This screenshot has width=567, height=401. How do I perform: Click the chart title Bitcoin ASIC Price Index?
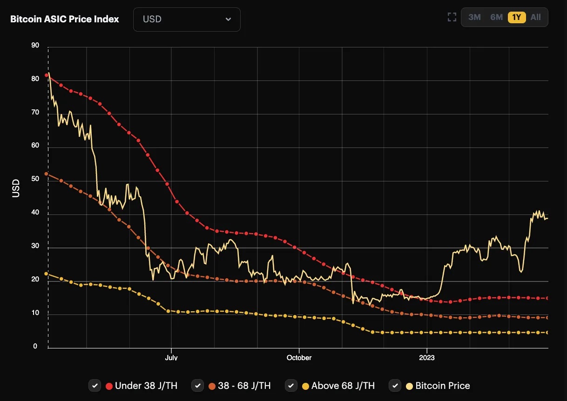65,19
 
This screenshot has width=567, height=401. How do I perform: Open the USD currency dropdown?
187,20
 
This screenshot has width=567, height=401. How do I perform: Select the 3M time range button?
474,17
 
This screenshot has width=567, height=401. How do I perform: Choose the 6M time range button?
496,17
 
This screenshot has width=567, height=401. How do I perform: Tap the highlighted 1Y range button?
517,17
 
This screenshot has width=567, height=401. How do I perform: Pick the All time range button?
535,17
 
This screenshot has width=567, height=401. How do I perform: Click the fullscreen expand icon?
452,17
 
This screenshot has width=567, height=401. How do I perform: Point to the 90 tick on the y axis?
35,46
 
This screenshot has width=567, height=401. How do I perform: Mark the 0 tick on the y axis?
35,347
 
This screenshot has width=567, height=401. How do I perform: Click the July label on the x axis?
171,358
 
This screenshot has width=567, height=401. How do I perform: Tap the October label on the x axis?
299,358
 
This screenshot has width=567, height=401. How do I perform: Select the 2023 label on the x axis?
426,358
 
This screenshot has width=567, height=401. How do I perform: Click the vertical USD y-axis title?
16,188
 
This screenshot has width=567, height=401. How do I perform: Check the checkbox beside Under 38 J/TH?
95,386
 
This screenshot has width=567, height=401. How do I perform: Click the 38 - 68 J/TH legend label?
244,386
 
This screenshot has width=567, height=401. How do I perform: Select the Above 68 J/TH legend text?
343,386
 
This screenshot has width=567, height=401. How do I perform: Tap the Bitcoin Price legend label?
442,386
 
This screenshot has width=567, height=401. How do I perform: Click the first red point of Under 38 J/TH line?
47,75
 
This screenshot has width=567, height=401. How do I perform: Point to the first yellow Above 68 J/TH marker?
46,274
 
